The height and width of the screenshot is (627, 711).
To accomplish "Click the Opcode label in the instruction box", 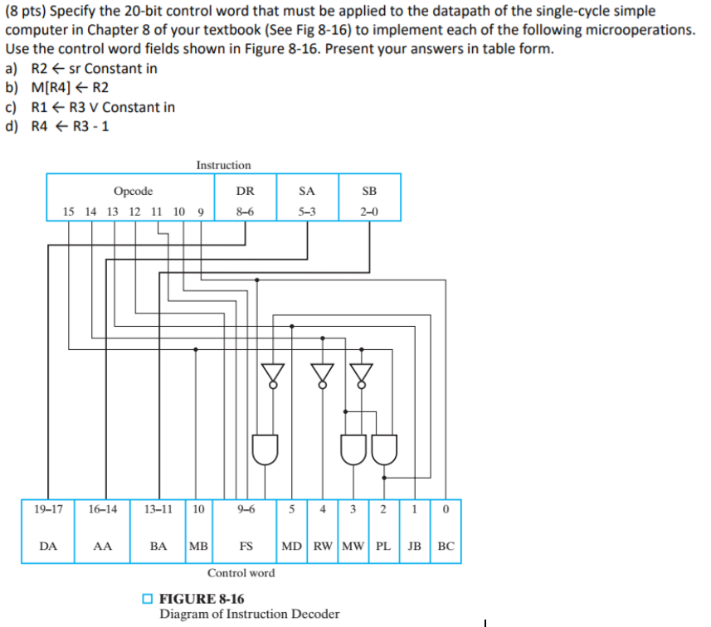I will click(x=133, y=191).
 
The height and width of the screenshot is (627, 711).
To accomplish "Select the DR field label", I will click(x=245, y=191).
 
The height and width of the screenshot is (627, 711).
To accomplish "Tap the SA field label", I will click(x=307, y=191).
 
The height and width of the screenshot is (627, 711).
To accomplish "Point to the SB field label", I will click(x=369, y=191).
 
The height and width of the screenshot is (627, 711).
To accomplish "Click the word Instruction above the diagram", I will click(x=223, y=165).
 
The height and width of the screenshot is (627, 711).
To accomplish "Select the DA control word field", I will click(x=48, y=547).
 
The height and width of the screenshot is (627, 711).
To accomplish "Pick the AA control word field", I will click(x=102, y=547).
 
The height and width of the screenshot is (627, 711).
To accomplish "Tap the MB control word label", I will click(x=198, y=547).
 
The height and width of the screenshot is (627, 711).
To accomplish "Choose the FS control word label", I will click(x=246, y=547).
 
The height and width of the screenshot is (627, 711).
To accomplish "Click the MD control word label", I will click(x=292, y=547).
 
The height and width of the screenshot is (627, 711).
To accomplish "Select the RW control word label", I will click(x=323, y=547).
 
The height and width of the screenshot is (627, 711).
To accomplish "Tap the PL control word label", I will click(x=385, y=547).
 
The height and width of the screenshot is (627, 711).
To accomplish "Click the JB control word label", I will click(x=416, y=547).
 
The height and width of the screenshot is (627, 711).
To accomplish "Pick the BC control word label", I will click(x=446, y=547).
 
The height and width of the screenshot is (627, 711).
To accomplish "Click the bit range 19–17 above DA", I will click(x=48, y=509).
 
